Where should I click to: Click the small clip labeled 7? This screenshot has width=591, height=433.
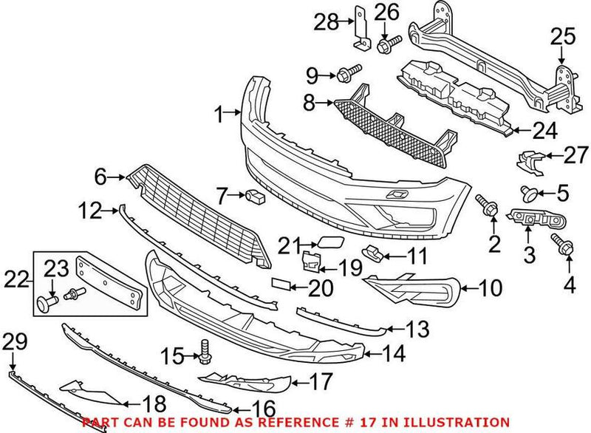(256, 197)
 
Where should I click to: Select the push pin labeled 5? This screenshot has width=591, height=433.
(528, 194)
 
